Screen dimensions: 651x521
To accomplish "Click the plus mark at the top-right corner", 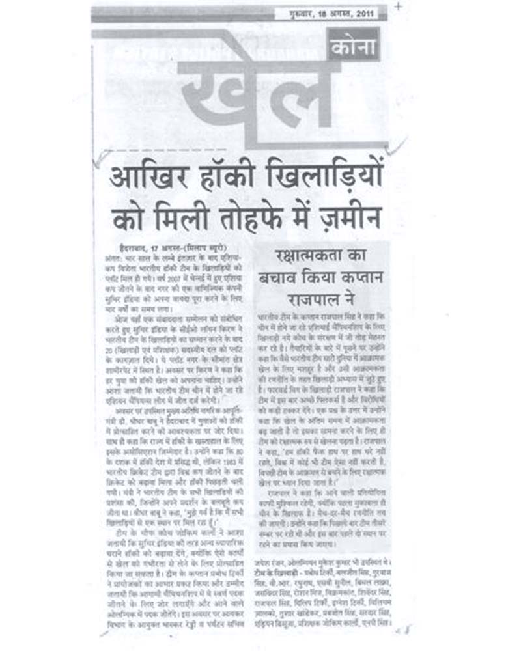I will tap(398, 7).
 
